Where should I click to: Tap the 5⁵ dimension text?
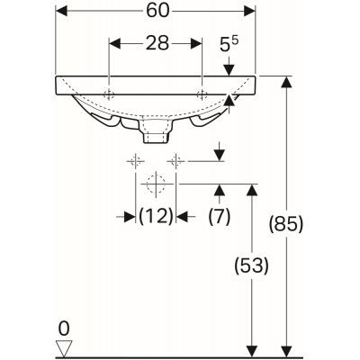(229, 42)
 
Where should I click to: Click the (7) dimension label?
(220, 215)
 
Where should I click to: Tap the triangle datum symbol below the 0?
(62, 347)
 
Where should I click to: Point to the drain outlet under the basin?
(155, 134)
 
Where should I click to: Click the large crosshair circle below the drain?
(155, 185)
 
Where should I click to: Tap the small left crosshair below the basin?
(135, 161)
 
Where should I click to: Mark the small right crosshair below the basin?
(176, 161)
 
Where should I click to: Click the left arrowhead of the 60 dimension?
(60, 12)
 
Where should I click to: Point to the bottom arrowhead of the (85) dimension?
(286, 350)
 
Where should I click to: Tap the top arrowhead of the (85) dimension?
(286, 82)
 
